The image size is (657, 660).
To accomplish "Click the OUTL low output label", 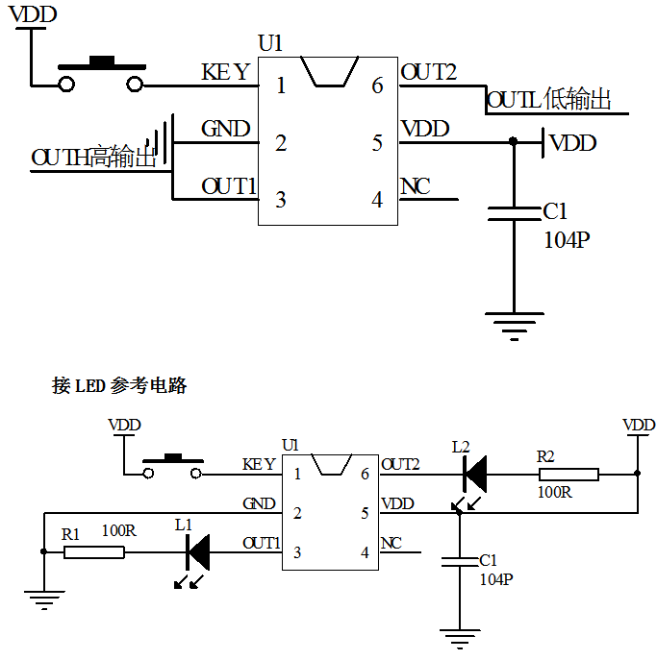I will (x=549, y=99).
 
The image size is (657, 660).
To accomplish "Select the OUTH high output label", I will (x=93, y=158).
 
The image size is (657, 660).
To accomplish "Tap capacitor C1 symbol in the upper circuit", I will (x=514, y=212).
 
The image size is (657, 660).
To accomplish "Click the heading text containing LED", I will (x=118, y=386).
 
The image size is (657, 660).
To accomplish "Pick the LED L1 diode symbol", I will (x=198, y=551).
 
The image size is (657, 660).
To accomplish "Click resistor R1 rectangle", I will (x=94, y=551).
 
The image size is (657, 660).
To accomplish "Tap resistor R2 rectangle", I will (x=569, y=474).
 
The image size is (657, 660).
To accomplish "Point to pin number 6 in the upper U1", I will (x=377, y=86).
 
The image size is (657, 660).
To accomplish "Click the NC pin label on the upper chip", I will (x=416, y=186).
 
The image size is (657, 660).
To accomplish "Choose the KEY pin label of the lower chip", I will (x=259, y=465).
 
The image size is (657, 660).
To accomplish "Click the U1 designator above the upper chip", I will (x=270, y=43).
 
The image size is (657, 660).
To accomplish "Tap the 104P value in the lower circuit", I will (x=496, y=579).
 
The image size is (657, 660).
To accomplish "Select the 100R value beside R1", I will (x=118, y=529).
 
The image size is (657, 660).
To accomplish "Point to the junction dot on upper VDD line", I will (x=513, y=142).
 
